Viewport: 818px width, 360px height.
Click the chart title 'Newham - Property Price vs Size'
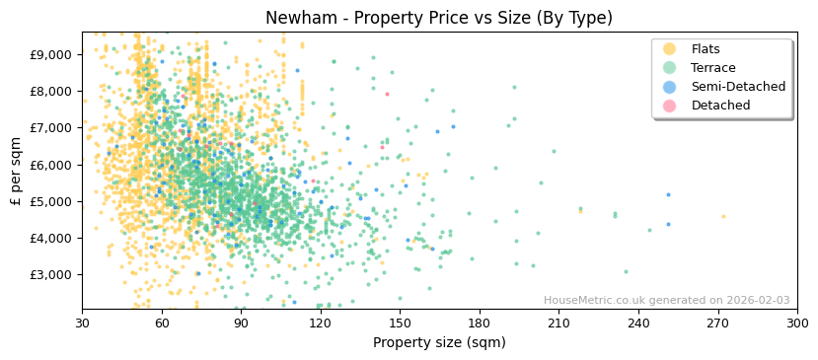click(438, 18)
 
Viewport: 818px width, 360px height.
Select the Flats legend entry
click(705, 49)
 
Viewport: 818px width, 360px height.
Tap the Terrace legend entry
click(712, 68)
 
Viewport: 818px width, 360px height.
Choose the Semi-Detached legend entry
click(737, 87)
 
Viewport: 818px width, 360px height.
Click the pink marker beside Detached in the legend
click(669, 106)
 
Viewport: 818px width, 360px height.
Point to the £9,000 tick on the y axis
click(48, 54)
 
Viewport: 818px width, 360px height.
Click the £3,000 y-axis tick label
click(48, 274)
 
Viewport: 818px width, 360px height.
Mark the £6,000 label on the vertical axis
click(48, 165)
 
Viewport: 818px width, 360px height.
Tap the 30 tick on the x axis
click(82, 322)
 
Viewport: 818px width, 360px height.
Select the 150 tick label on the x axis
click(400, 322)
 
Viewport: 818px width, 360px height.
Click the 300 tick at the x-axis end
click(796, 322)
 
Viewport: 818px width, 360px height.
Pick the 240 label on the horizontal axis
click(638, 322)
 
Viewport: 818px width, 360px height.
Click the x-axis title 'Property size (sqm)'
click(439, 342)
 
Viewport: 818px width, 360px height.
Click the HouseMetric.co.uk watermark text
click(666, 301)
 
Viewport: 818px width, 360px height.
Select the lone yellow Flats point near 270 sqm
click(722, 216)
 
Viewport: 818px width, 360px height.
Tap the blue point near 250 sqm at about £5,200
click(668, 194)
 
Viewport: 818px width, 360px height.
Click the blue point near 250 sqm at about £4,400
click(668, 224)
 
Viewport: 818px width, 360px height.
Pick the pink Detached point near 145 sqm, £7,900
click(387, 94)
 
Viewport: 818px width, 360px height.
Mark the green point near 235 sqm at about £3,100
click(626, 271)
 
